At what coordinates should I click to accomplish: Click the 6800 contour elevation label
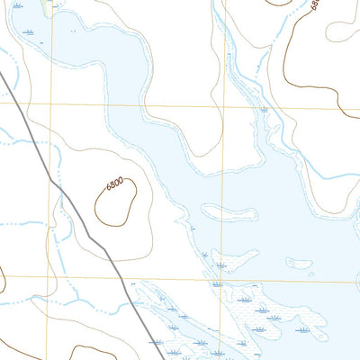click(113, 184)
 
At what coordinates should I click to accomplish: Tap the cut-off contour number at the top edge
click(314, 4)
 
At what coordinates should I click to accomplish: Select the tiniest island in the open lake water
click(310, 274)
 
